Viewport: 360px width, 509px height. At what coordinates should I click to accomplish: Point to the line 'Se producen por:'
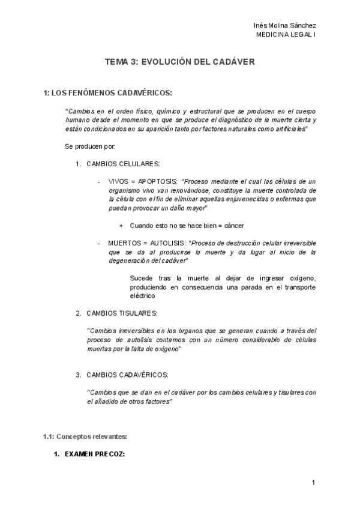tap(89, 146)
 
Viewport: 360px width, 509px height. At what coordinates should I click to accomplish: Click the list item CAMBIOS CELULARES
tap(123, 164)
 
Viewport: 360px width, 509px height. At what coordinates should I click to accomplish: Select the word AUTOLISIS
tap(164, 243)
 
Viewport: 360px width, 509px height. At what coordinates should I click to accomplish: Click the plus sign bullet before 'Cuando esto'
tap(121, 225)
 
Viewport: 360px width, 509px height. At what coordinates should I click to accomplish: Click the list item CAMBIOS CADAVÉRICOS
tap(127, 375)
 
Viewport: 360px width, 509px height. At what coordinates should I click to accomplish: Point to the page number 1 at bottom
tap(313, 483)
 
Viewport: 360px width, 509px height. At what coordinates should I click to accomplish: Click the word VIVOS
tap(118, 181)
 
